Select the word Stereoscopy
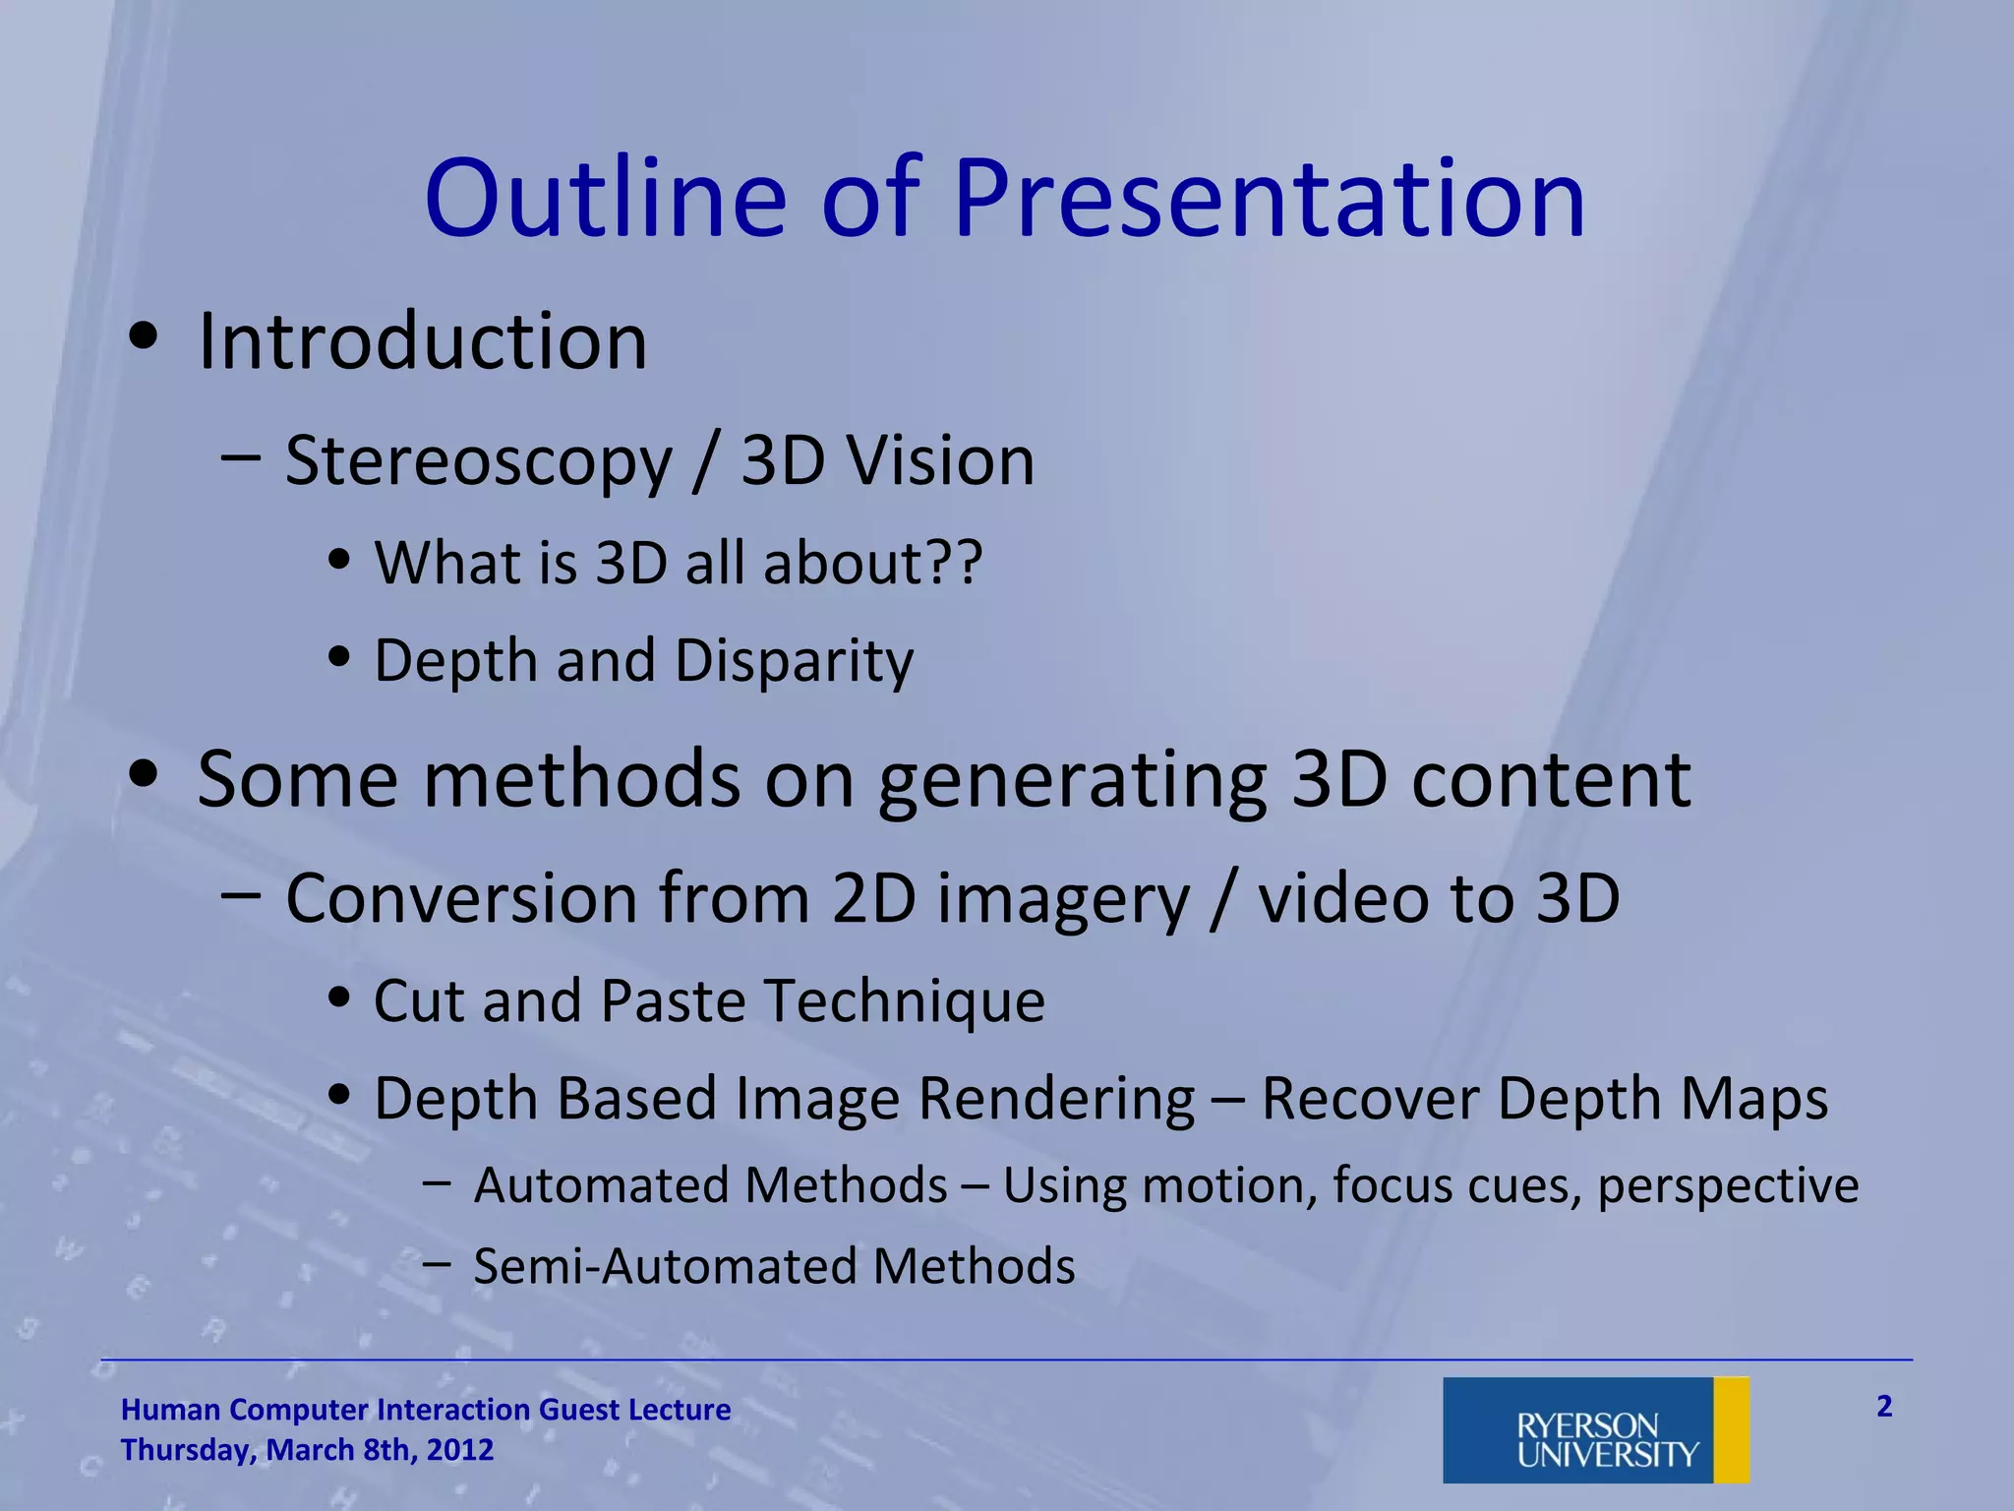pos(478,461)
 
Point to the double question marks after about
pos(955,563)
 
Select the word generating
pos(1072,780)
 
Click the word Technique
pos(904,1001)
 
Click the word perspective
pos(1728,1185)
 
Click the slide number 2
pos(1883,1406)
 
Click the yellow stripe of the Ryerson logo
pos(1731,1429)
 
